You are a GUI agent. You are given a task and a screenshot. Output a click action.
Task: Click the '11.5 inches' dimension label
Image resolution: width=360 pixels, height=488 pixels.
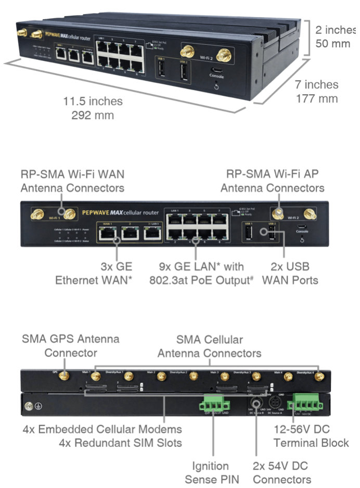(x=94, y=101)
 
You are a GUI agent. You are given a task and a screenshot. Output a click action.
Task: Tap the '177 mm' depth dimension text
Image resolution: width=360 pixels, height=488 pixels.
(x=316, y=99)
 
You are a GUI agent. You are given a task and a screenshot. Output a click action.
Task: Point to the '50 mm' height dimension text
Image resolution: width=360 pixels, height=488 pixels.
(x=332, y=43)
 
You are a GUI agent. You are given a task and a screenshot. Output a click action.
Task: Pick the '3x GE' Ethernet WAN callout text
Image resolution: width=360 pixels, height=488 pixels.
(x=119, y=267)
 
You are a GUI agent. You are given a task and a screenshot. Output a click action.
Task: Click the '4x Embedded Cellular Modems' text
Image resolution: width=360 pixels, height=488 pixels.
(x=102, y=429)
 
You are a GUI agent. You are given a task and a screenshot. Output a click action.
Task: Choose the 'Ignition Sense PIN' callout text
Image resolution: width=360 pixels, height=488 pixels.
(x=210, y=473)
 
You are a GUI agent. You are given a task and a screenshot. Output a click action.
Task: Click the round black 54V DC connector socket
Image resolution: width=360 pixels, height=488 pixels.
(x=256, y=402)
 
